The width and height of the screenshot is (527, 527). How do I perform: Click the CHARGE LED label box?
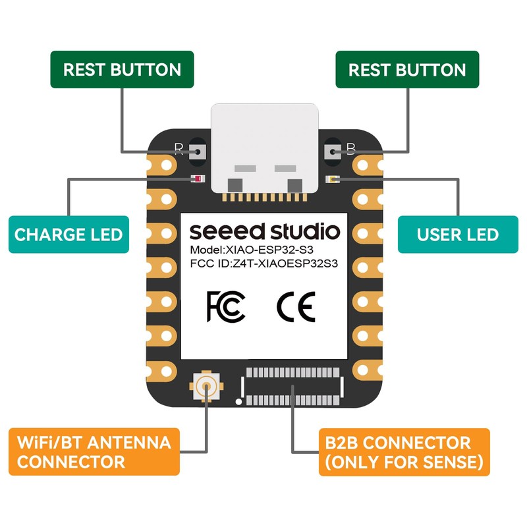[69, 234]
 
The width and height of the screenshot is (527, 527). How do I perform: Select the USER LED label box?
[457, 234]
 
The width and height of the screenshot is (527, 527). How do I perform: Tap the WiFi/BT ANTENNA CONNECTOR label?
[94, 452]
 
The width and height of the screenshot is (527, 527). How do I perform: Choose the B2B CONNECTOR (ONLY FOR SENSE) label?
[404, 452]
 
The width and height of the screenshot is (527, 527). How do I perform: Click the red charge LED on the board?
[196, 179]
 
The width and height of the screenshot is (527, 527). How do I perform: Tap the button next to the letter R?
[198, 151]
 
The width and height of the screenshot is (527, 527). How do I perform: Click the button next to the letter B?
[331, 151]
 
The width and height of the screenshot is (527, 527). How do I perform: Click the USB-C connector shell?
[265, 148]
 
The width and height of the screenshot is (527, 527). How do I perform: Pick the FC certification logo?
[226, 306]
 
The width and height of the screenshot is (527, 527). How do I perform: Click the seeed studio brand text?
[265, 231]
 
